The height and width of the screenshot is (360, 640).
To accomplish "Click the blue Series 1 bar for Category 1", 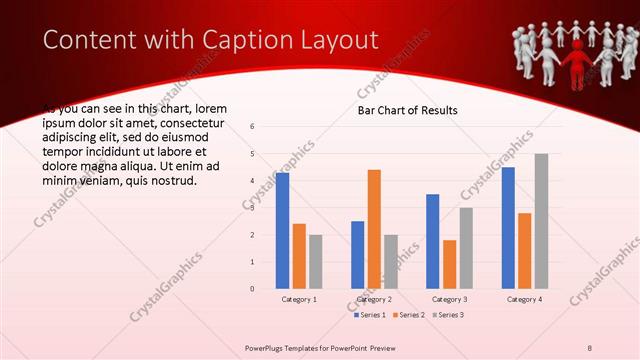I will [x=283, y=231].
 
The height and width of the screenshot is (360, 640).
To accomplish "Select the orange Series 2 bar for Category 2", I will [x=374, y=229].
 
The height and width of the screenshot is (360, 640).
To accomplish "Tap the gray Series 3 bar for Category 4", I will [x=541, y=221].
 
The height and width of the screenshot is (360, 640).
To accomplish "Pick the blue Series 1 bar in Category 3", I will [x=432, y=241].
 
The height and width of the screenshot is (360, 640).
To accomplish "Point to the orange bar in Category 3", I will [x=449, y=264].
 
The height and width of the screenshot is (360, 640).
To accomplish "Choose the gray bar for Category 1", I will [x=316, y=262].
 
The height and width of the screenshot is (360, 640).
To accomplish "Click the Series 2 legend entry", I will [x=410, y=315].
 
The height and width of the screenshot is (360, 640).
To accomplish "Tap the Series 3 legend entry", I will [x=449, y=315].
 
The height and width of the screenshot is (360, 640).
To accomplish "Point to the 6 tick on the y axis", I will [x=252, y=127].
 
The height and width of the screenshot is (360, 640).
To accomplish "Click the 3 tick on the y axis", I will [x=252, y=208].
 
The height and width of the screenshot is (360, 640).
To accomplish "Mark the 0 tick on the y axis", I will [x=252, y=289].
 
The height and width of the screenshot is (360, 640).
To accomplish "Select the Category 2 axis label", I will [x=374, y=299].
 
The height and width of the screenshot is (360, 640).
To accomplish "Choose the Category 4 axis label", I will [x=524, y=299].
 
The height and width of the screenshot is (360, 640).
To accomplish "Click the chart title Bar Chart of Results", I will [x=407, y=110].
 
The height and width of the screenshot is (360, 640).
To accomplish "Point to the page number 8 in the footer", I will [x=590, y=347].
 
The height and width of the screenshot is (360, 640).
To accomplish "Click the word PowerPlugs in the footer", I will [x=265, y=347].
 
